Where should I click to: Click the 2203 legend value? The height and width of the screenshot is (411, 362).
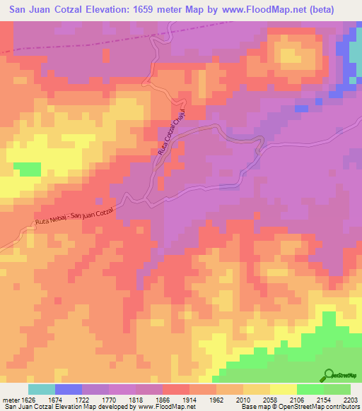click(351, 400)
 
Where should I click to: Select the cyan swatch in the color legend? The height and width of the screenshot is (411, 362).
click(42, 389)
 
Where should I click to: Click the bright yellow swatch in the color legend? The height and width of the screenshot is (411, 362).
click(283, 389)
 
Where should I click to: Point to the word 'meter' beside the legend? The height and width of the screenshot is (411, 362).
click(11, 400)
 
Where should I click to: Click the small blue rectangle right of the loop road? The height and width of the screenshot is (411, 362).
click(302, 109)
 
